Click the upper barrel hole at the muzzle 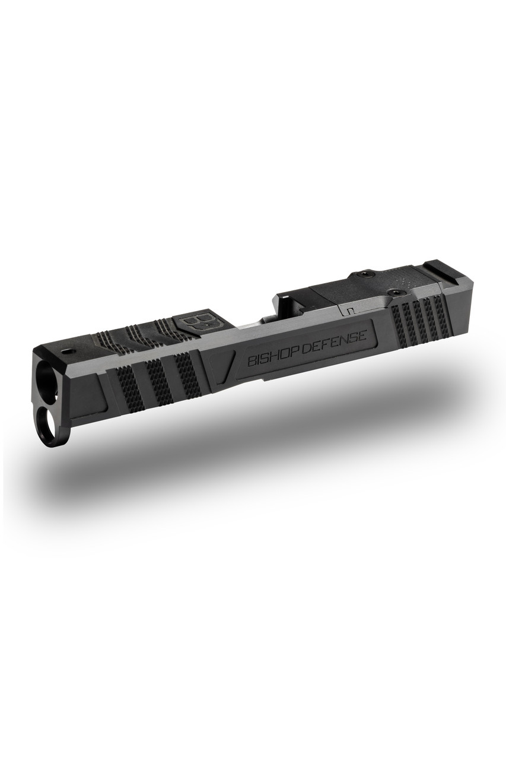(x=46, y=376)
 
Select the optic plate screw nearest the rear (x=394, y=292)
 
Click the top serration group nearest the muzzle (x=111, y=343)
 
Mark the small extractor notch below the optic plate (x=351, y=310)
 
